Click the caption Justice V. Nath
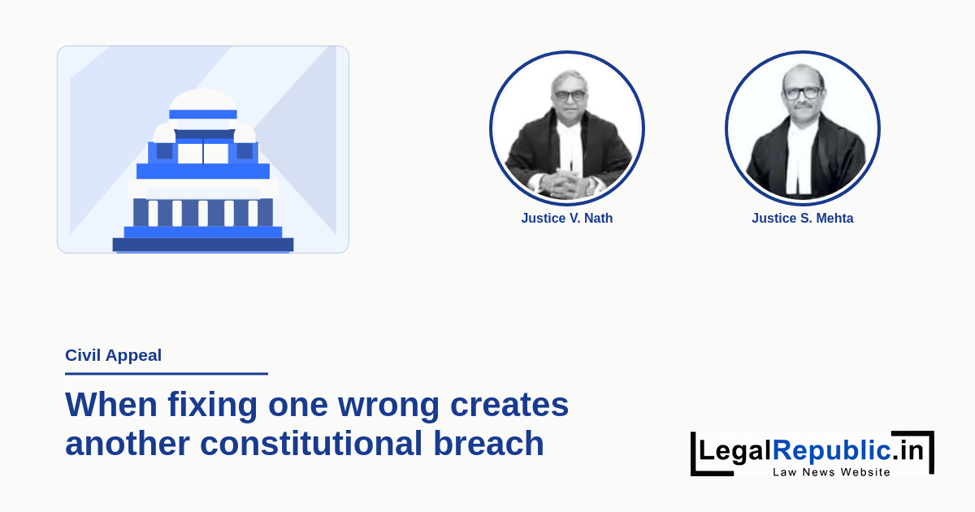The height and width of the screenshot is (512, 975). coord(567,218)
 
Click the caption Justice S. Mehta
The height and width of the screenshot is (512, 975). coord(802,218)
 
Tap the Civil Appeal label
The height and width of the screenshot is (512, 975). coord(113,355)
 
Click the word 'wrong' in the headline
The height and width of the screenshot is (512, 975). coord(388,405)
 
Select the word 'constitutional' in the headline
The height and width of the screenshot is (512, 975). coord(311,443)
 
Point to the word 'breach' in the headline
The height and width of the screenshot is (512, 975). coord(488,443)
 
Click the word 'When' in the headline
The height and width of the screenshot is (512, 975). coord(111,404)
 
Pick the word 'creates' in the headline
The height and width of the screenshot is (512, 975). coord(509,405)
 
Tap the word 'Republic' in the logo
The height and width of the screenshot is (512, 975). coord(832,450)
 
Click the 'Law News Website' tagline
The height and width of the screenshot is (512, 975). coord(831,472)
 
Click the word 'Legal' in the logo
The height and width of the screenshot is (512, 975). coord(735,450)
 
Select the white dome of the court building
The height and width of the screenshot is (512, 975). coord(203,100)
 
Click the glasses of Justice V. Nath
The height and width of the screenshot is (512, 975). coord(570,96)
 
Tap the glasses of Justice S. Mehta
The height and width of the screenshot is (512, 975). coord(802,93)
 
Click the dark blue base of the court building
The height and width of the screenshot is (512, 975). coord(203,245)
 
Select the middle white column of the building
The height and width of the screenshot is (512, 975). coord(203,213)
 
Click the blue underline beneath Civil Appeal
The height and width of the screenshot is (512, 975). coord(167,374)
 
